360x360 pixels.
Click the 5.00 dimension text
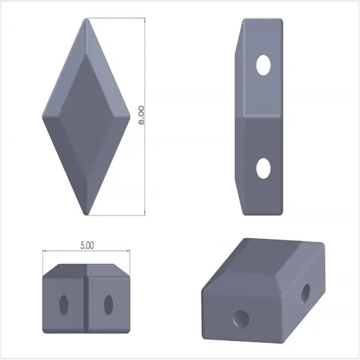87,245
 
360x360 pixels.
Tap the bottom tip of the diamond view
87,214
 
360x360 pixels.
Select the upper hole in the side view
263,65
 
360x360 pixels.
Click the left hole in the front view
64,303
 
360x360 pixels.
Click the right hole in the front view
109,303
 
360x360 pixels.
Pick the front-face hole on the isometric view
241,319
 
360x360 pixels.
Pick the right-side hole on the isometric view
306,294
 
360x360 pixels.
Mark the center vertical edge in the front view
86,301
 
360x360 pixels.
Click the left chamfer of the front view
52,269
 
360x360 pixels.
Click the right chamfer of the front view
122,269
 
